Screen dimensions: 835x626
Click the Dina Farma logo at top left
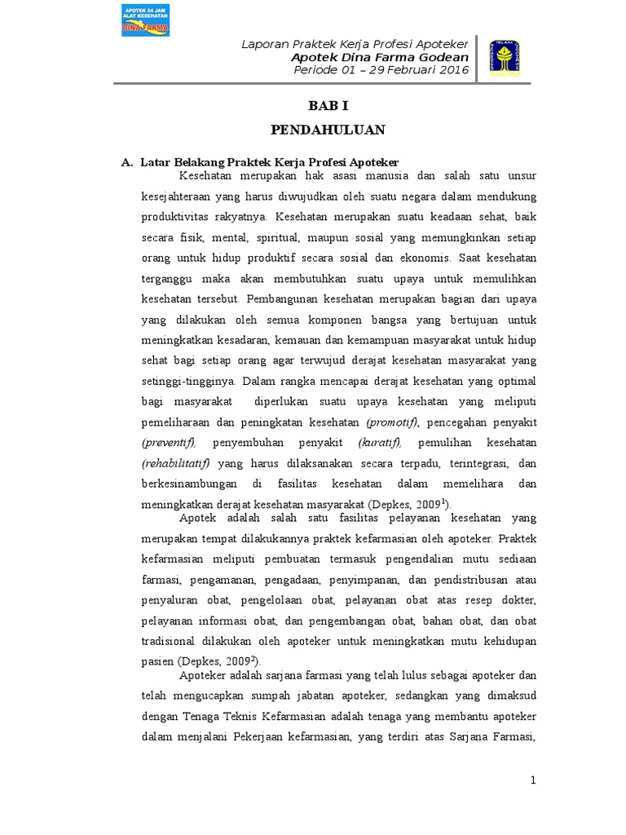145,20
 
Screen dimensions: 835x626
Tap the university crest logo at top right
506,58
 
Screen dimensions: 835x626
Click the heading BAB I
327,107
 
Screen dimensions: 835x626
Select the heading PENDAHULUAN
327,130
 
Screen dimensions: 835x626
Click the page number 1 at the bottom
533,780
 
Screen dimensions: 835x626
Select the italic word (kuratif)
380,443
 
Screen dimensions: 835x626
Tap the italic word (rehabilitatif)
176,464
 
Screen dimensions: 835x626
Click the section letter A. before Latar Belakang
127,162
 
